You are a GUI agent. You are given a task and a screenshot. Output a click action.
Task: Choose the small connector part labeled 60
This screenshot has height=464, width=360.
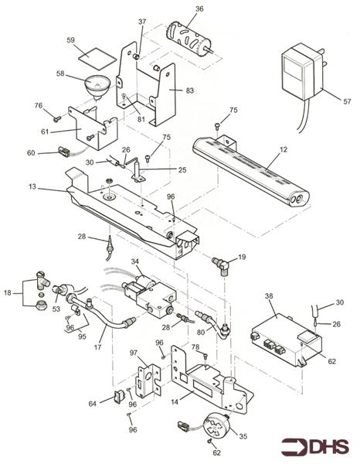coord(63,153)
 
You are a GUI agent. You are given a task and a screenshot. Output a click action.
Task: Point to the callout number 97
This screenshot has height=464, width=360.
coord(133,353)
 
